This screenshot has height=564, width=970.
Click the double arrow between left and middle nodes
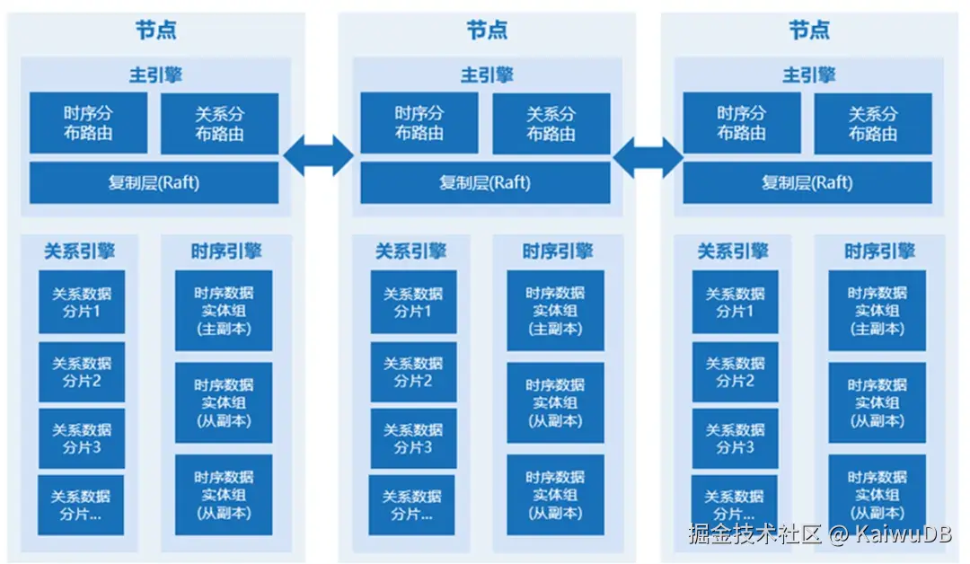[319, 155]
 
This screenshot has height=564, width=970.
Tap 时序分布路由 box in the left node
[90, 124]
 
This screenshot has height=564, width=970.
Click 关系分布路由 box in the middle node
[551, 124]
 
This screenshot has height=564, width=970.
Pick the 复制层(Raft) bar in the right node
[807, 183]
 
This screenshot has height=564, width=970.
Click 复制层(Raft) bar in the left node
[154, 183]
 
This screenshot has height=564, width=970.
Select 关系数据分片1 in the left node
[82, 302]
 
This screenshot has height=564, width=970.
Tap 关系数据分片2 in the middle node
[413, 371]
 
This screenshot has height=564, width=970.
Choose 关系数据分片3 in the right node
[735, 438]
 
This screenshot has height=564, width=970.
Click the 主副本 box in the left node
[224, 311]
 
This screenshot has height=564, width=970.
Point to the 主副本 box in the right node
[877, 311]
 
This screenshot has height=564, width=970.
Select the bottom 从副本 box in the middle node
[555, 495]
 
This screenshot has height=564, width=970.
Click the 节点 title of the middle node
[486, 30]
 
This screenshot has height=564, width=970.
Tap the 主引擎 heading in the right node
[808, 75]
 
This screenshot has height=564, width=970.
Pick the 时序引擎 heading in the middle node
[557, 251]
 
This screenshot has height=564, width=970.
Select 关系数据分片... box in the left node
[81, 505]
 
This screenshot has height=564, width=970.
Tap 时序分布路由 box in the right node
[741, 124]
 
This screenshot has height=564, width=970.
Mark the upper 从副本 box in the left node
[224, 402]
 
